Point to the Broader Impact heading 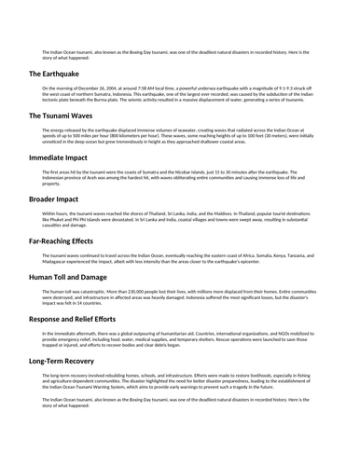[x=58, y=199]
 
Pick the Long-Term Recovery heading [x=71, y=360]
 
